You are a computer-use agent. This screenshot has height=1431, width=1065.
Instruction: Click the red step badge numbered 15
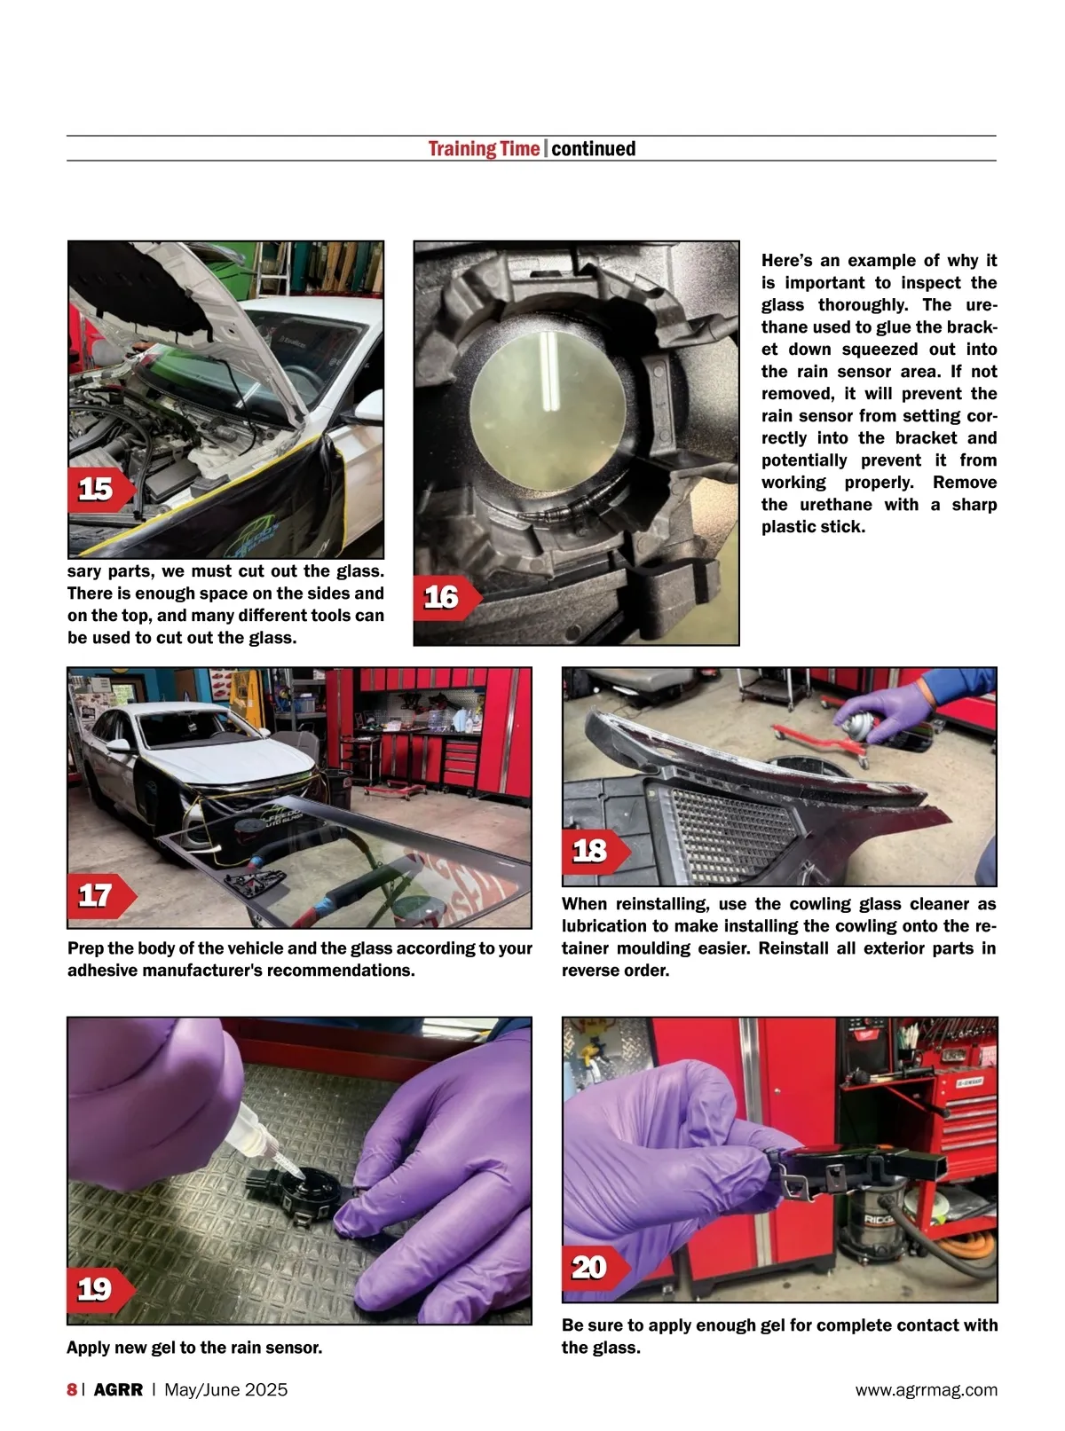[x=100, y=489]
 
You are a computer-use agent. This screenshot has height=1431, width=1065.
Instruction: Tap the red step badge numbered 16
[x=446, y=597]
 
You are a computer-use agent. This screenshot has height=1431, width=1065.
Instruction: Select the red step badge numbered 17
[x=100, y=895]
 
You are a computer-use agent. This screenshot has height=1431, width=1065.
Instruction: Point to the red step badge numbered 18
[x=596, y=852]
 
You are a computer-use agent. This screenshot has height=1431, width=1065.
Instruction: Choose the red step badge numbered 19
[x=100, y=1289]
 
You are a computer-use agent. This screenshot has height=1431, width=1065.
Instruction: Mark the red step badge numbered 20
[x=596, y=1268]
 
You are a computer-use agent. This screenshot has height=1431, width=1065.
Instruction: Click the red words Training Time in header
[x=484, y=149]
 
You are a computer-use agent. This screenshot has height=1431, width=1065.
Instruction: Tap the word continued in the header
[x=593, y=149]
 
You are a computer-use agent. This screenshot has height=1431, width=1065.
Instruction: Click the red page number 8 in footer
[x=72, y=1389]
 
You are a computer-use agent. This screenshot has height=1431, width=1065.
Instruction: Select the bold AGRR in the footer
[x=118, y=1389]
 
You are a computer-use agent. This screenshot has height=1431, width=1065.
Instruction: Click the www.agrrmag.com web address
[x=927, y=1389]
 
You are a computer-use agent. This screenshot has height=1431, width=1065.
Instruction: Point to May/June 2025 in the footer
[x=226, y=1389]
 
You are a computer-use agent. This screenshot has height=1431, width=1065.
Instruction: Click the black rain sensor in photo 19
[x=304, y=1195]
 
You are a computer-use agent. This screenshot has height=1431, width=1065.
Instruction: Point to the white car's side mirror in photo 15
[x=369, y=407]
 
